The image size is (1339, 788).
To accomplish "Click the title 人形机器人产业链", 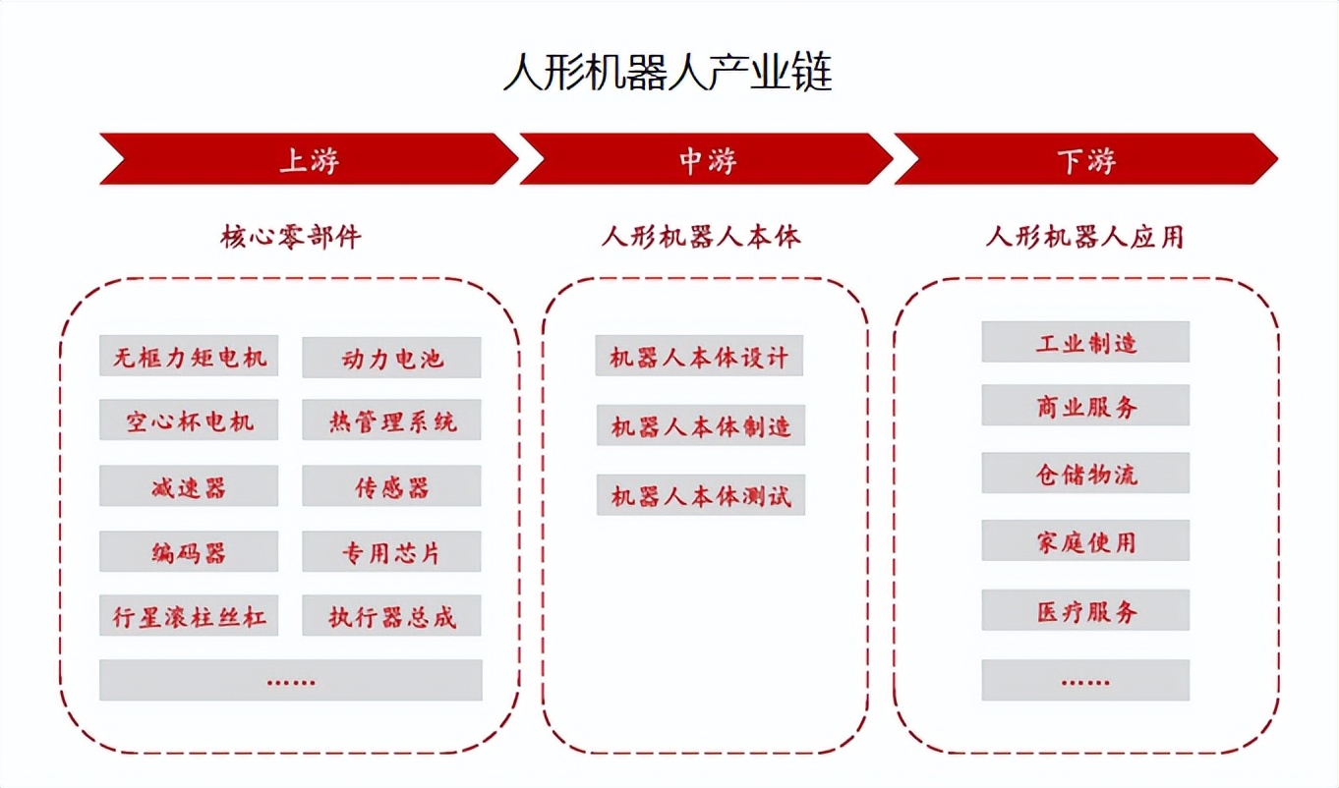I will (x=669, y=73).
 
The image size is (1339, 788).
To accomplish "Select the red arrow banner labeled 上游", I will (x=309, y=159).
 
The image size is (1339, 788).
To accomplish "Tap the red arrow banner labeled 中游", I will (x=706, y=159).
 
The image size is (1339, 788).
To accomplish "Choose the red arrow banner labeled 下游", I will (x=1085, y=159).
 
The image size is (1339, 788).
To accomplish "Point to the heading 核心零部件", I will (x=291, y=237).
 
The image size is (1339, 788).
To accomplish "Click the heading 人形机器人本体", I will (x=701, y=237).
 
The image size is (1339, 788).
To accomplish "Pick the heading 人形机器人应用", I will (x=1084, y=237).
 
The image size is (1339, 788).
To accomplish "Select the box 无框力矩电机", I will (x=189, y=356).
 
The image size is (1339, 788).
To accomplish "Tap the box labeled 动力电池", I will (x=391, y=358).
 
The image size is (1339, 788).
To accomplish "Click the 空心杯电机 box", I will (x=189, y=421).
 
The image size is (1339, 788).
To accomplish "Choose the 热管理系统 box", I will (x=391, y=421).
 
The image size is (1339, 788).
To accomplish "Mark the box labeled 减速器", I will (x=189, y=486).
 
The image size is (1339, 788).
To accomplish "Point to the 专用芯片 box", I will (x=391, y=552).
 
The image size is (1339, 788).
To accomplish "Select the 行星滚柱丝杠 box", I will (x=189, y=617).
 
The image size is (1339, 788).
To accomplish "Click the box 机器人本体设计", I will (x=699, y=356).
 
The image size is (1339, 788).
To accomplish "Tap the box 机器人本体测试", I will (x=700, y=495).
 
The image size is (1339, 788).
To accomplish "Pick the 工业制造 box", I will (x=1085, y=342).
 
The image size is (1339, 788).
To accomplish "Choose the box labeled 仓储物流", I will (x=1085, y=474).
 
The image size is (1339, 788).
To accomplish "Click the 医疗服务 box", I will (x=1085, y=611).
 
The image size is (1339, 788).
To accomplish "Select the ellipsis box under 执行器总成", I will (x=291, y=680).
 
